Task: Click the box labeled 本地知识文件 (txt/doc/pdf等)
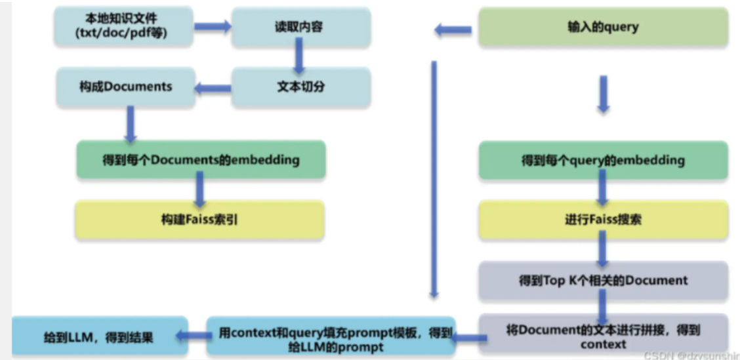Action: point(125,27)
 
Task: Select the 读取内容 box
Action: point(300,28)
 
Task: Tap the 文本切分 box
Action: point(300,87)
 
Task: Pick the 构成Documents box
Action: point(125,87)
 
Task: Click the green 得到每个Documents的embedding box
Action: point(200,159)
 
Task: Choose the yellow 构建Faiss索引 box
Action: point(200,219)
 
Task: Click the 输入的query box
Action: point(602,27)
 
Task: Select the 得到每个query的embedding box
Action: point(602,160)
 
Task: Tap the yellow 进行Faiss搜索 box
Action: point(602,219)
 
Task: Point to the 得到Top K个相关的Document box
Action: point(602,280)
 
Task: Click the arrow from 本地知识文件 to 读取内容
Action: point(214,27)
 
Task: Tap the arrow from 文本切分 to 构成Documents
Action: point(214,87)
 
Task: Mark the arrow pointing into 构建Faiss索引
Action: point(199,190)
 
